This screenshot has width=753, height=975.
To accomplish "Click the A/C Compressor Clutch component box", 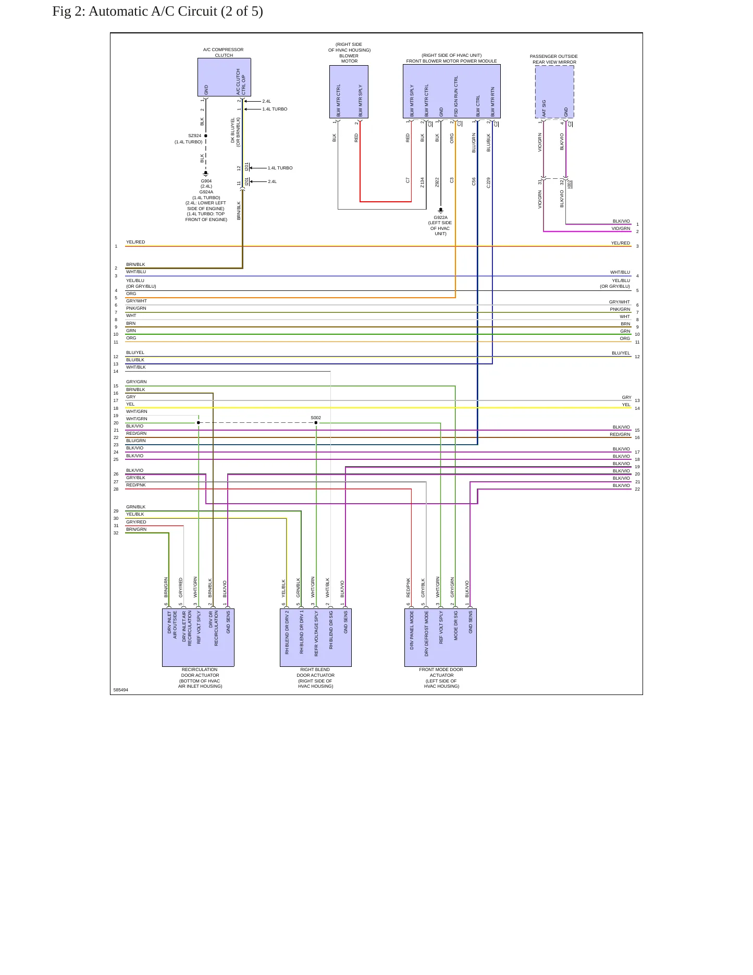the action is click(x=224, y=77).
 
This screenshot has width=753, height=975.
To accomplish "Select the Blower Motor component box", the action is click(x=349, y=92).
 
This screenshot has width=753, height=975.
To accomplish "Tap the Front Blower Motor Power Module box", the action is click(x=451, y=91).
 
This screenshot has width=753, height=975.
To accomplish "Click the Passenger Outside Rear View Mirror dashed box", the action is click(x=554, y=92).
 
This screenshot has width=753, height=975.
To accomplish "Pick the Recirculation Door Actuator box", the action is click(x=198, y=637).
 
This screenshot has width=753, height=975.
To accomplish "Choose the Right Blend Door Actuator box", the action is click(x=316, y=637).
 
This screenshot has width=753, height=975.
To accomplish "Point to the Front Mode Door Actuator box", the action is click(x=440, y=637).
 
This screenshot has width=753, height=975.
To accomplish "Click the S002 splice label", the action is click(x=316, y=418).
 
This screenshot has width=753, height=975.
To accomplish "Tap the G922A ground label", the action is click(x=440, y=217).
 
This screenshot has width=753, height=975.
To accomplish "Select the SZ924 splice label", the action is click(x=194, y=136).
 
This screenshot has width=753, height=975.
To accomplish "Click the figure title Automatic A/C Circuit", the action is click(x=157, y=11).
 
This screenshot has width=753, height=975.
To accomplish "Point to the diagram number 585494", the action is click(x=120, y=690).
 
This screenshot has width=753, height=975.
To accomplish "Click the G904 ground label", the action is click(x=206, y=181).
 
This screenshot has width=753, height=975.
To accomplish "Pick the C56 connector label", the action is click(x=474, y=181).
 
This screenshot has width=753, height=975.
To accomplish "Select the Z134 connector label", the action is click(x=423, y=182).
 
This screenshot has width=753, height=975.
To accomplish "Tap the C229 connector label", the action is click(x=488, y=182).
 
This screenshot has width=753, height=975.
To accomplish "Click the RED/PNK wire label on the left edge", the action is click(x=136, y=485).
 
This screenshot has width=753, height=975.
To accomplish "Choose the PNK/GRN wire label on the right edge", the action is click(x=620, y=309).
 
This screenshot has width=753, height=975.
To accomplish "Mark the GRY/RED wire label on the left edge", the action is click(x=136, y=522).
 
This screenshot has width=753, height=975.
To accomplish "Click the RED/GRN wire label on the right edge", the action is click(x=620, y=434).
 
